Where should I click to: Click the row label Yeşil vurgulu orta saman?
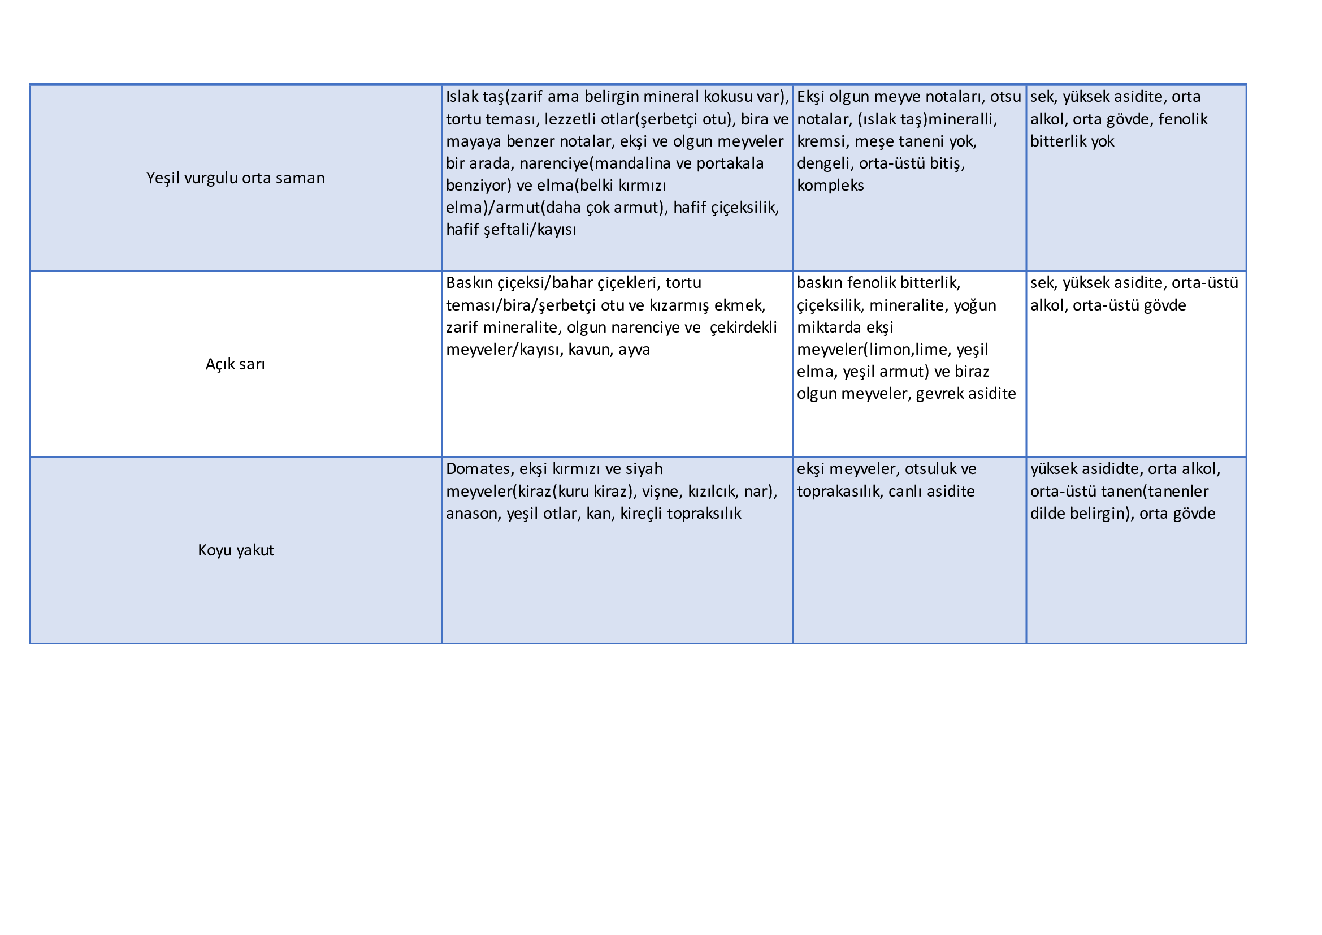(236, 178)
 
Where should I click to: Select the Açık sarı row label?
(236, 364)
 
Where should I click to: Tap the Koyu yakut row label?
(236, 550)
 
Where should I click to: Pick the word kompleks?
(830, 186)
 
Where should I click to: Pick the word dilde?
(1047, 514)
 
